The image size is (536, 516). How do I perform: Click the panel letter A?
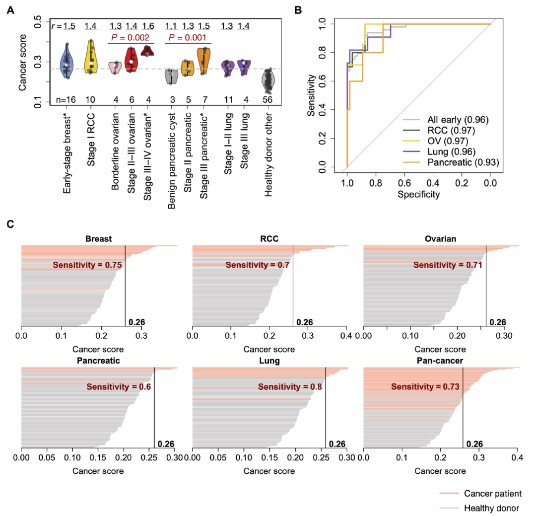(x=10, y=9)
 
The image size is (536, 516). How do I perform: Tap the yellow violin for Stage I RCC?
(x=91, y=57)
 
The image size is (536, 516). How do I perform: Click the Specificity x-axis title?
(x=418, y=195)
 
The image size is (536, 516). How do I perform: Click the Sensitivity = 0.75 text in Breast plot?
(x=88, y=265)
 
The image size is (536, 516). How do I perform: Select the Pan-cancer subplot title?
(x=440, y=362)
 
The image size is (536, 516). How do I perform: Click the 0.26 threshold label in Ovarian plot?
(x=498, y=322)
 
